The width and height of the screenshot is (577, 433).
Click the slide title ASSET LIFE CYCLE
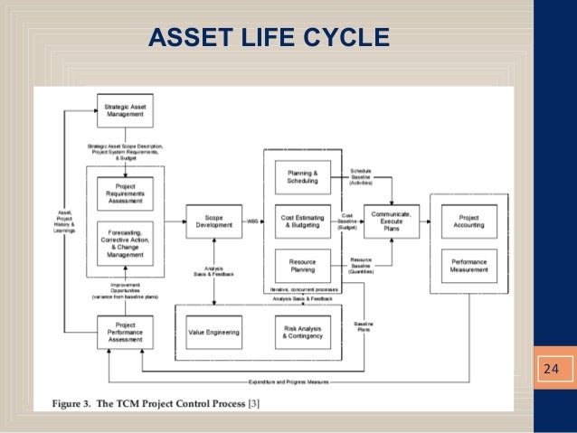tap(269, 37)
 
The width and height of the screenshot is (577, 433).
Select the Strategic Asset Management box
tap(126, 111)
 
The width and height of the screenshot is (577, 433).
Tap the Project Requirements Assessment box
tap(126, 193)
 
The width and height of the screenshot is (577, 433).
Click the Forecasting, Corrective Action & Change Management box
tap(126, 242)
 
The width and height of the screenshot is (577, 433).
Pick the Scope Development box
tap(213, 221)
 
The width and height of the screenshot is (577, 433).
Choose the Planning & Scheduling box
tap(302, 176)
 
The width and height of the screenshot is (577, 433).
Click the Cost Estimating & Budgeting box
tap(302, 221)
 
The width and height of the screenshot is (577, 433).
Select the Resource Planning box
tap(302, 266)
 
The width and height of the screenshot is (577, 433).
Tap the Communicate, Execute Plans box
tap(392, 221)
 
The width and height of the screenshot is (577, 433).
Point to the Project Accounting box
tap(468, 221)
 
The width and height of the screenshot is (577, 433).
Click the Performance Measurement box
tap(468, 266)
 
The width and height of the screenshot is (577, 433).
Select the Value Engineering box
tap(213, 333)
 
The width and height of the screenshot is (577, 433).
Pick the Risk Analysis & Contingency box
tap(302, 333)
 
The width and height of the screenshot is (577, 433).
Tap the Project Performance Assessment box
tap(126, 333)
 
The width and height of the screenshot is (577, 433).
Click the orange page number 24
tap(550, 369)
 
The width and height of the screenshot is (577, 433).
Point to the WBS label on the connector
tap(252, 221)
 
